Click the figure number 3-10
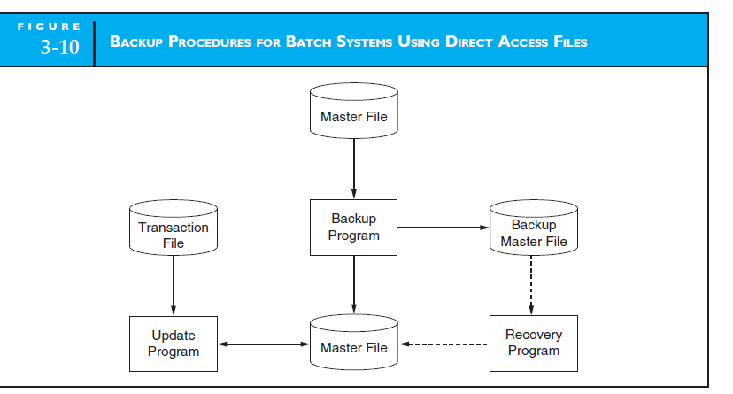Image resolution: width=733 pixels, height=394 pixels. point(59,48)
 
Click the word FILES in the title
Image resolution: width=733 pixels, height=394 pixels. point(564,42)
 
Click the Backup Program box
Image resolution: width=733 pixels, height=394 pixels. point(354,228)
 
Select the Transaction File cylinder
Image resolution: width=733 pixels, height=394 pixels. point(174,233)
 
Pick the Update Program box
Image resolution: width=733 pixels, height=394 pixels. point(174,344)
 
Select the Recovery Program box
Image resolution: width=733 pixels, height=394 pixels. point(533,344)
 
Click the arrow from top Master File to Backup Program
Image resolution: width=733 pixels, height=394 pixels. point(354,168)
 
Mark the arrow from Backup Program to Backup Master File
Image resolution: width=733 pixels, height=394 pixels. point(443,228)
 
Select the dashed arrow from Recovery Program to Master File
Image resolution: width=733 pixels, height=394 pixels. point(443,344)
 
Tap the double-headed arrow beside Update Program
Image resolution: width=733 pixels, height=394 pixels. point(263,344)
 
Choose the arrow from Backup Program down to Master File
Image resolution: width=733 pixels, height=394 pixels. point(354,283)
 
